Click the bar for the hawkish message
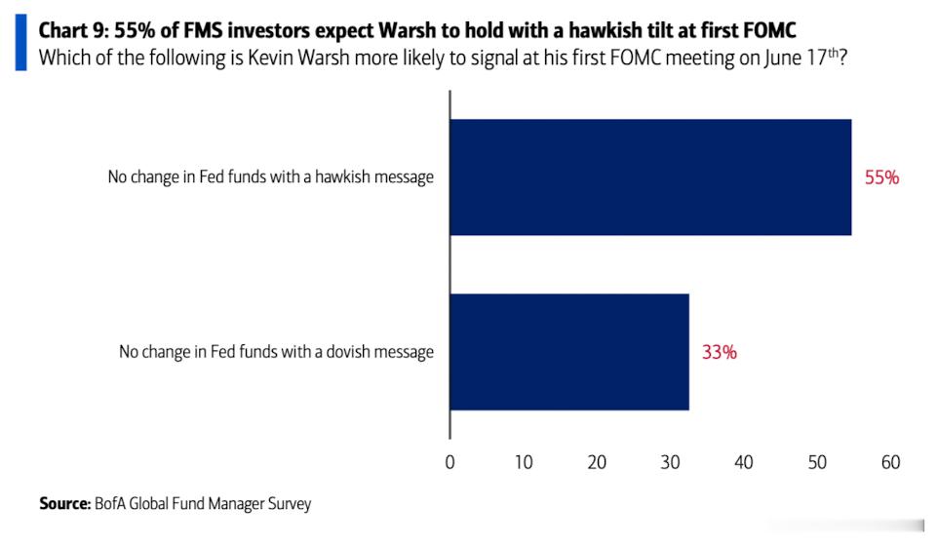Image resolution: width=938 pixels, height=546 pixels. click(650, 177)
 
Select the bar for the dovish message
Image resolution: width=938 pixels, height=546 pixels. click(569, 352)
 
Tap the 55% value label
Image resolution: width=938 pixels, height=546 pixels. click(881, 177)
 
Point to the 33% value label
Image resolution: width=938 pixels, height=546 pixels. click(719, 352)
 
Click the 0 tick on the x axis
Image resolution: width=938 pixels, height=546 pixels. click(449, 462)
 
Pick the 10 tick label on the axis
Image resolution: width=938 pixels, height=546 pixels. click(524, 462)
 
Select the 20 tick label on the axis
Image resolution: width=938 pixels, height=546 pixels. click(597, 462)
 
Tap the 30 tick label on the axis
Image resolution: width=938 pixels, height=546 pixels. click(670, 462)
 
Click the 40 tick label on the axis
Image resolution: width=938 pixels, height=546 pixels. click(744, 462)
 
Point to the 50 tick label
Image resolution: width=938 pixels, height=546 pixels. click(817, 462)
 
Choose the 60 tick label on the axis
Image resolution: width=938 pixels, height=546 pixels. click(891, 462)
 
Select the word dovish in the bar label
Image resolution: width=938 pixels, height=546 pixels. click(349, 352)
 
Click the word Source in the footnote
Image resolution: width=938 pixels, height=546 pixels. click(64, 503)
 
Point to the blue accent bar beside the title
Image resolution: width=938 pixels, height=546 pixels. click(20, 43)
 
